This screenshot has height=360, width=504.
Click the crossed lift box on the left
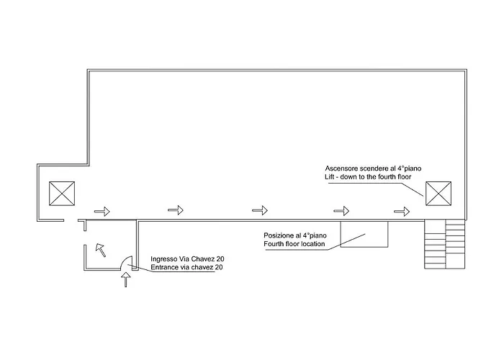[x=62, y=194]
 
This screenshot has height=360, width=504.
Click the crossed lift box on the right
[x=438, y=194]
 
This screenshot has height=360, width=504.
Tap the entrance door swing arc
[x=124, y=259]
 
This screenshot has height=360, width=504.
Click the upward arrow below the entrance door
[x=126, y=279]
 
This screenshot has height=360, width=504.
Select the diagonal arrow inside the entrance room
[x=101, y=250]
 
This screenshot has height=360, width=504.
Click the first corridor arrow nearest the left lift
[x=102, y=212]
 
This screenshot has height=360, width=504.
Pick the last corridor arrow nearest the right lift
[x=402, y=212]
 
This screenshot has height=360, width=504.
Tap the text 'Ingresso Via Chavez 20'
[x=187, y=259]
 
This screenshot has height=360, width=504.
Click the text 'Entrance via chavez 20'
[x=186, y=267]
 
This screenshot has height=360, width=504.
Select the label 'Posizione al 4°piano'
[x=295, y=235]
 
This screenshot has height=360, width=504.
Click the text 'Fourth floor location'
[x=294, y=244]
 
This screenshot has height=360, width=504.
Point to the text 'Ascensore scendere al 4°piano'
[x=373, y=168]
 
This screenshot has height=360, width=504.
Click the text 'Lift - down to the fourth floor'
[x=368, y=177]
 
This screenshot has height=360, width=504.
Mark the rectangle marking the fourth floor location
[x=364, y=234]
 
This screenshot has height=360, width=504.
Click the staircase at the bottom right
[x=445, y=244]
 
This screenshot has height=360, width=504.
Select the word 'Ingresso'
[x=163, y=259]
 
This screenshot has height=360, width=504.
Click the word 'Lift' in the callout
[x=330, y=177]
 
